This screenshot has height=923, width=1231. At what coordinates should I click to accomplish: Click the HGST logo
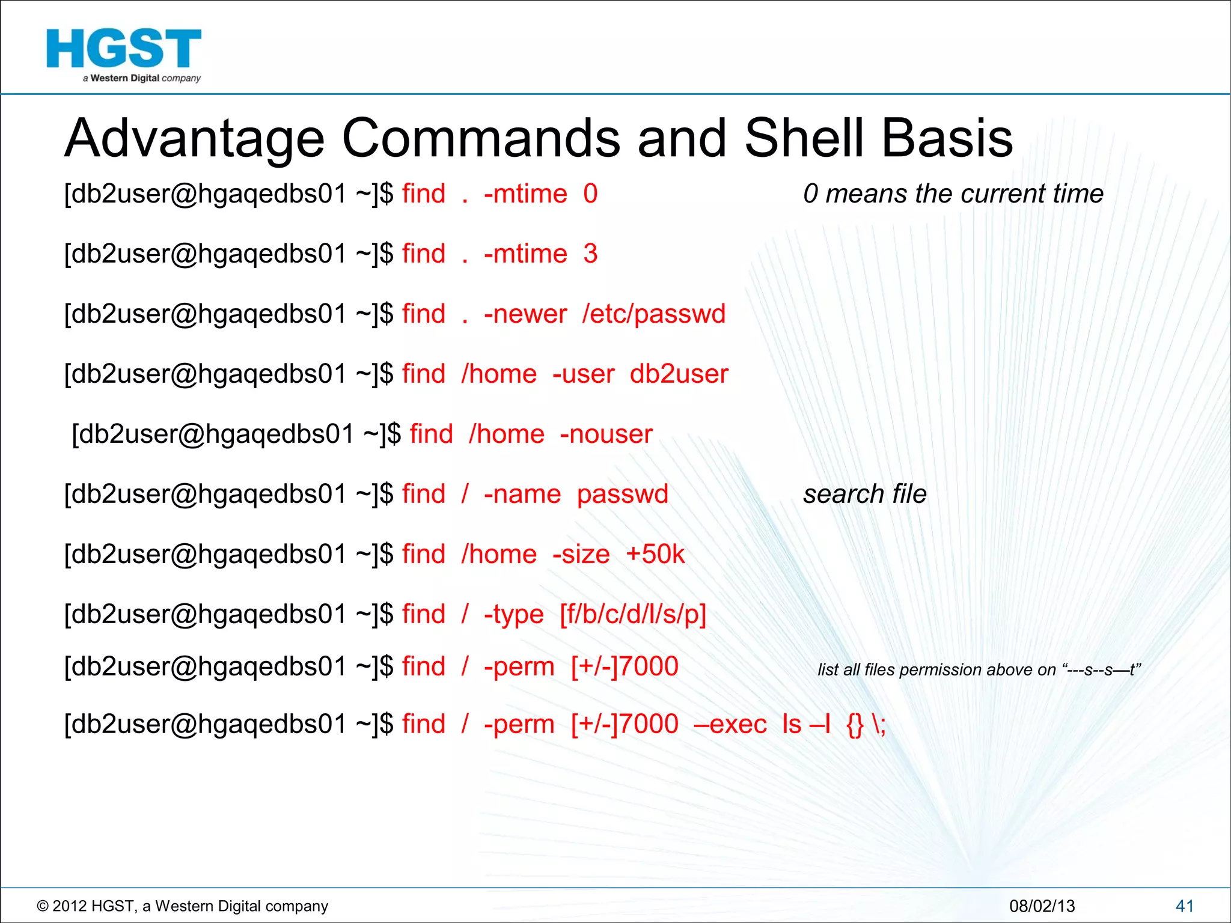pyautogui.click(x=123, y=54)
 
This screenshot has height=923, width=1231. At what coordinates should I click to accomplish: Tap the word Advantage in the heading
pyautogui.click(x=194, y=139)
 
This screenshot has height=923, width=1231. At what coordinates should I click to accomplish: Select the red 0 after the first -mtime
pyautogui.click(x=590, y=194)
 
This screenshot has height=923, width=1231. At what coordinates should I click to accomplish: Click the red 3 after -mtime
pyautogui.click(x=590, y=254)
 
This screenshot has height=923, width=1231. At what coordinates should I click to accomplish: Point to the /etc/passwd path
pyautogui.click(x=653, y=314)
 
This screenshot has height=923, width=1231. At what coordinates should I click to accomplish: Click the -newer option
pyautogui.click(x=525, y=314)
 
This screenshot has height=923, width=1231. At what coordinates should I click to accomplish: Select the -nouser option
pyautogui.click(x=606, y=434)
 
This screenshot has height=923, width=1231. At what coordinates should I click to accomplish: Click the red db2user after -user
pyautogui.click(x=679, y=374)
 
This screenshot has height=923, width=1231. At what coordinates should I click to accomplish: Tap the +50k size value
pyautogui.click(x=655, y=555)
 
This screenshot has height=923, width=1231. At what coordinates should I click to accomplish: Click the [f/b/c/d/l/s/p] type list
pyautogui.click(x=632, y=615)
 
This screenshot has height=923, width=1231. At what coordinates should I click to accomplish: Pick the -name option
pyautogui.click(x=522, y=495)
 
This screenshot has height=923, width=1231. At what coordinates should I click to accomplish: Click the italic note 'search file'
pyautogui.click(x=864, y=495)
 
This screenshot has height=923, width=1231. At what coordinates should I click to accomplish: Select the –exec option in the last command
pyautogui.click(x=730, y=724)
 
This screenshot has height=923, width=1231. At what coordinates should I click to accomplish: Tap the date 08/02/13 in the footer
pyautogui.click(x=1042, y=906)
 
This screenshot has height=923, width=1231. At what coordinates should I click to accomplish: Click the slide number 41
pyautogui.click(x=1184, y=906)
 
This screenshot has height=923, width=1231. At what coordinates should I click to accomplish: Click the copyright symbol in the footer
pyautogui.click(x=42, y=906)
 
